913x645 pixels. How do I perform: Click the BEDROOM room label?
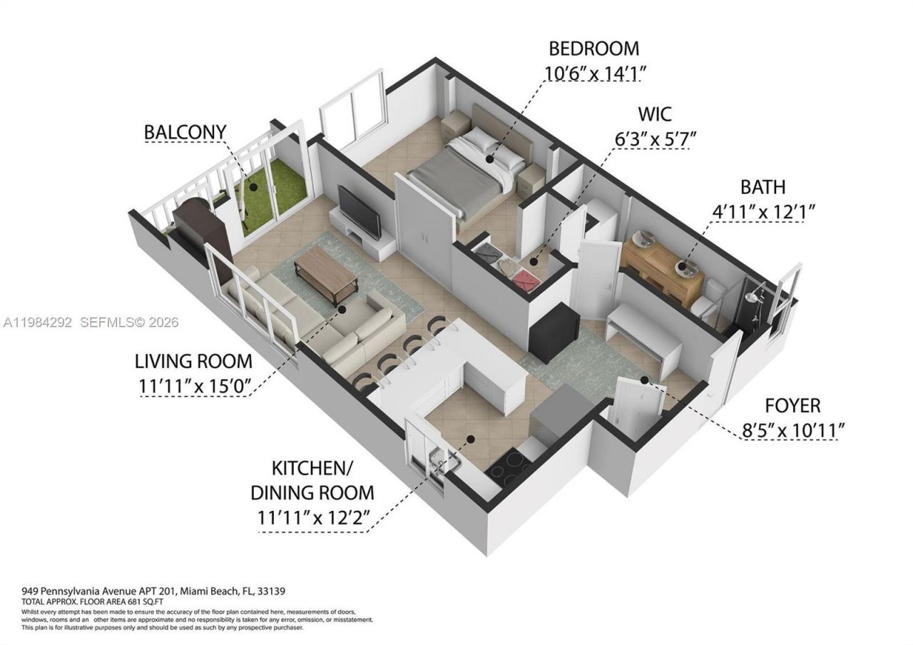coord(593,49)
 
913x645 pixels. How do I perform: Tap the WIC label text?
coord(653,113)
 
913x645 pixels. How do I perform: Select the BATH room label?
coord(762,187)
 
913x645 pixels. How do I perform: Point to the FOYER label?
coord(792,406)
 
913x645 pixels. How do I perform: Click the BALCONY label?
coord(185,132)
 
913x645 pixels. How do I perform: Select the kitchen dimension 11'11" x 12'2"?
coord(312,518)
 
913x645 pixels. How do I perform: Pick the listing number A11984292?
coord(37,322)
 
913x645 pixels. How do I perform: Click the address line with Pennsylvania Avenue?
coord(153,591)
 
